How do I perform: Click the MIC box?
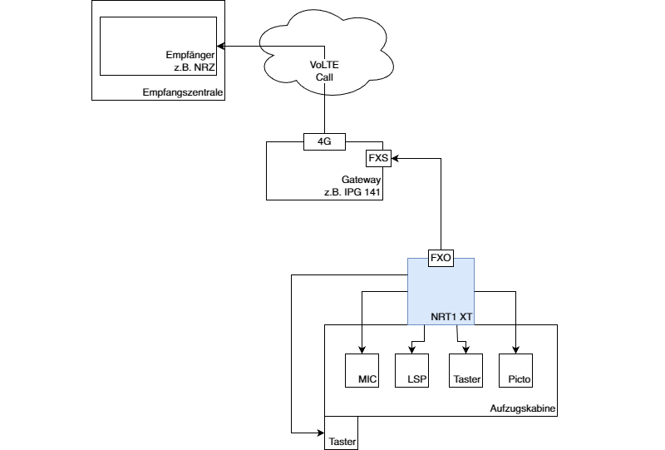pos(362,370)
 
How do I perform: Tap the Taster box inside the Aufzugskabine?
pos(465,370)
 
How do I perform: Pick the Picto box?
pos(515,370)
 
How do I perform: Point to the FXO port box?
pos(440,259)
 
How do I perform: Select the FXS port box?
pos(378,158)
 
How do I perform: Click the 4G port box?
pos(324,141)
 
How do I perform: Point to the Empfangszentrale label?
pos(182,92)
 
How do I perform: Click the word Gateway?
pos(361,180)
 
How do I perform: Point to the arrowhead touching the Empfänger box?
pos(220,46)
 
